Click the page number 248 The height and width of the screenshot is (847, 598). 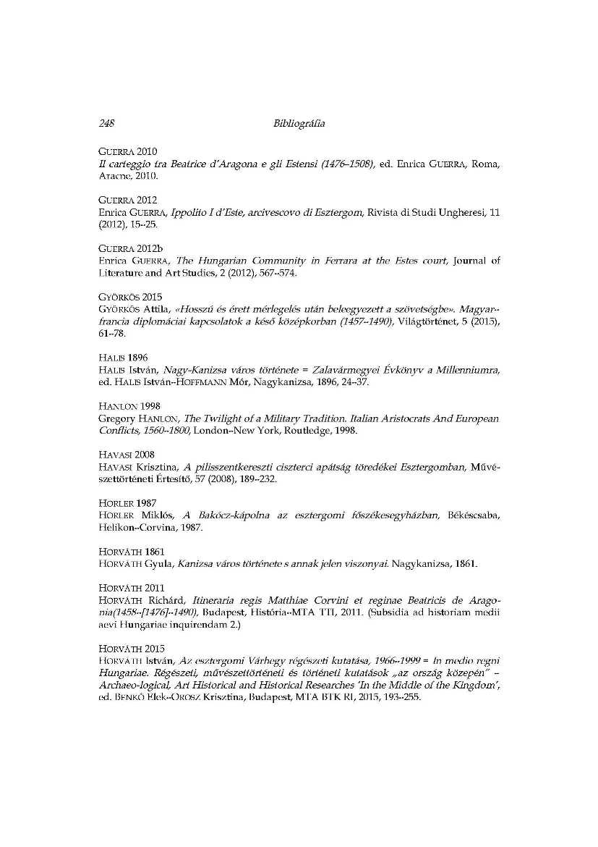[107, 124]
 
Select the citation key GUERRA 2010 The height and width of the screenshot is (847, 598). [127, 151]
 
